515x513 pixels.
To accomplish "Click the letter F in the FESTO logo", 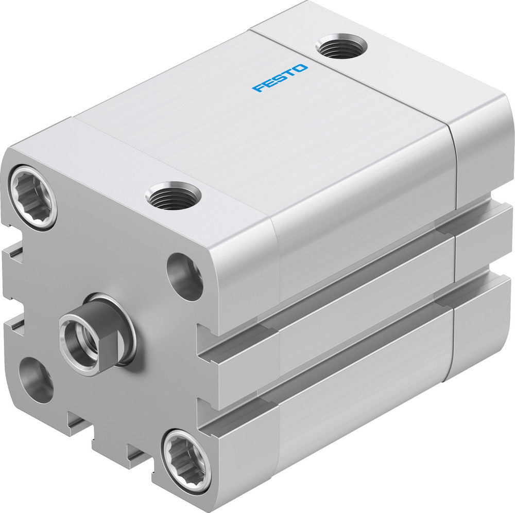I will click(x=257, y=87).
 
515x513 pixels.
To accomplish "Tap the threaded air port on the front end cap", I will click(x=173, y=196).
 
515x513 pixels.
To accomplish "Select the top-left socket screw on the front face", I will click(x=32, y=197).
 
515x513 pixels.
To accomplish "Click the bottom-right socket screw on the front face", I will click(x=186, y=459).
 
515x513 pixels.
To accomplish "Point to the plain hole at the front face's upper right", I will click(x=185, y=276).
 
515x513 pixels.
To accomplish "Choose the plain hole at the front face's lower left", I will click(x=36, y=380).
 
